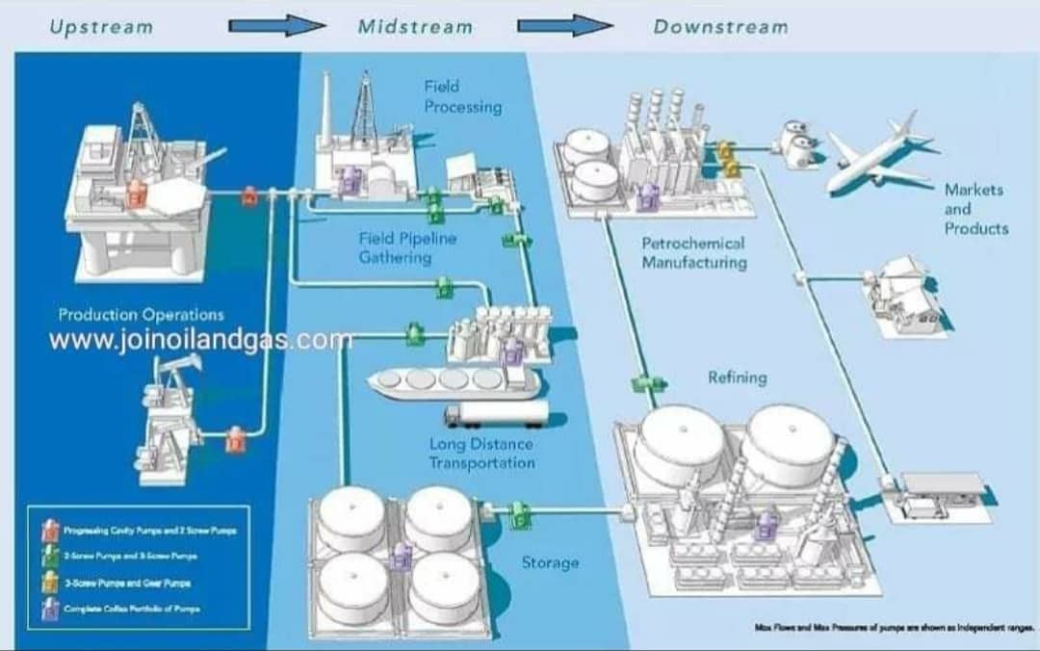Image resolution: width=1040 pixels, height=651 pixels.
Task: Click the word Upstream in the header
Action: [101, 27]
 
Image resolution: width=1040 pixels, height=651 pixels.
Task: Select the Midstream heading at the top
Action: [415, 27]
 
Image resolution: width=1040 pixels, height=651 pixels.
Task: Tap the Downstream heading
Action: [720, 27]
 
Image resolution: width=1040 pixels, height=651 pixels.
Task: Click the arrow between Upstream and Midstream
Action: [277, 27]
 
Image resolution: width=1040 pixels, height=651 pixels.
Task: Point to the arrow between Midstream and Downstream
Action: [564, 27]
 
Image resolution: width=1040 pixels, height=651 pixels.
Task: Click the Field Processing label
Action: [462, 96]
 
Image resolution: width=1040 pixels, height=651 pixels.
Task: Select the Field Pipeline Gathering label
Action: [407, 247]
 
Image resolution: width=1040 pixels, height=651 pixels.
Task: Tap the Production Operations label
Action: [141, 315]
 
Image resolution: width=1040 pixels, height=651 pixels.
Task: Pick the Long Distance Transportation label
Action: [481, 453]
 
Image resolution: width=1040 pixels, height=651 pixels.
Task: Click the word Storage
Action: [550, 562]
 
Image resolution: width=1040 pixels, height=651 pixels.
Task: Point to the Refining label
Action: [737, 378]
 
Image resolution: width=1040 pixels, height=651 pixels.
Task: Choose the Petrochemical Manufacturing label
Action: [693, 252]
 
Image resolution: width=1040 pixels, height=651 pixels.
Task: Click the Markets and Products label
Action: [975, 209]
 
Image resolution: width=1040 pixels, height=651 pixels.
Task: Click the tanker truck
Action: [495, 415]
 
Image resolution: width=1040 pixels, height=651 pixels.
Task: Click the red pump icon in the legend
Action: [50, 530]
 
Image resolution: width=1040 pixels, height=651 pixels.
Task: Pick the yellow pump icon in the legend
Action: [50, 582]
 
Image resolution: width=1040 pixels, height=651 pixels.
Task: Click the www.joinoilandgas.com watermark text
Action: [200, 340]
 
